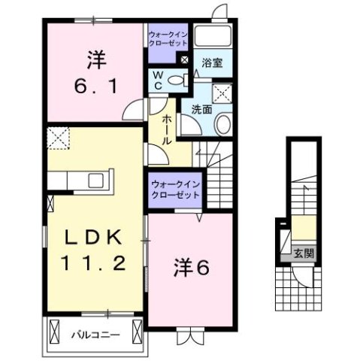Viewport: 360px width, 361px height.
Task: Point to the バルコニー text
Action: click(96, 332)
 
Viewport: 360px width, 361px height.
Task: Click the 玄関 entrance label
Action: click(304, 253)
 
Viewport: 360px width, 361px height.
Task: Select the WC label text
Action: click(159, 80)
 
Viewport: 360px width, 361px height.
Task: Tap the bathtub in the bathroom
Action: click(213, 37)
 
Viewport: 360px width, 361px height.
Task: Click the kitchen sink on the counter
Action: click(97, 180)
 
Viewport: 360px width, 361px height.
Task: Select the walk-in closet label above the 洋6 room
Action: click(174, 189)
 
